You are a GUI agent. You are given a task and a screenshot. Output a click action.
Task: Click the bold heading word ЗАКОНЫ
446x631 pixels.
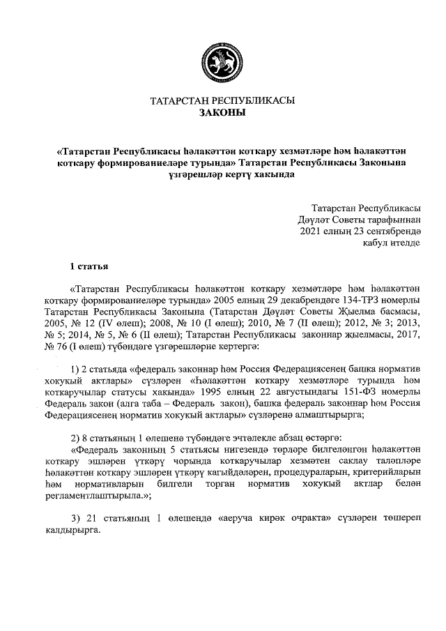(222, 113)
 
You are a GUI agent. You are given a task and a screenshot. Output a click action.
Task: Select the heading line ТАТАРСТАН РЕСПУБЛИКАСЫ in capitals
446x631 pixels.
(222, 100)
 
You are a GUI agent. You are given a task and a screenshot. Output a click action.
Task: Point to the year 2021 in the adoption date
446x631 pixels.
(310, 231)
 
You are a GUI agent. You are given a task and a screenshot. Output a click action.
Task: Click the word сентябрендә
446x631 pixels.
(394, 231)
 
